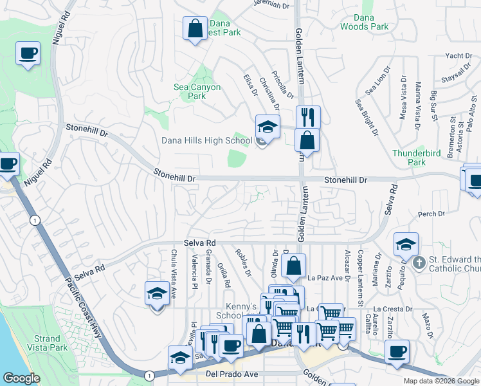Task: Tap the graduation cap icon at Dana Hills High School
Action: point(268,126)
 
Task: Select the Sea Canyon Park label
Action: point(197,91)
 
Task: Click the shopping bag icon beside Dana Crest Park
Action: point(194,29)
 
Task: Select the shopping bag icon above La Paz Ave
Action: point(293,266)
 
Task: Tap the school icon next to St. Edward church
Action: point(406,245)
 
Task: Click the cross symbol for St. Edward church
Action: point(419,262)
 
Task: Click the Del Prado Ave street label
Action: point(231,373)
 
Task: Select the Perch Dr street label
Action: point(431,214)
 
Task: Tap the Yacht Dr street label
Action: point(458,56)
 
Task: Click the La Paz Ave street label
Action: point(323,278)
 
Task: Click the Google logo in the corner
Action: point(21,378)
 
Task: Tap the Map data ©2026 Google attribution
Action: point(440,381)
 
